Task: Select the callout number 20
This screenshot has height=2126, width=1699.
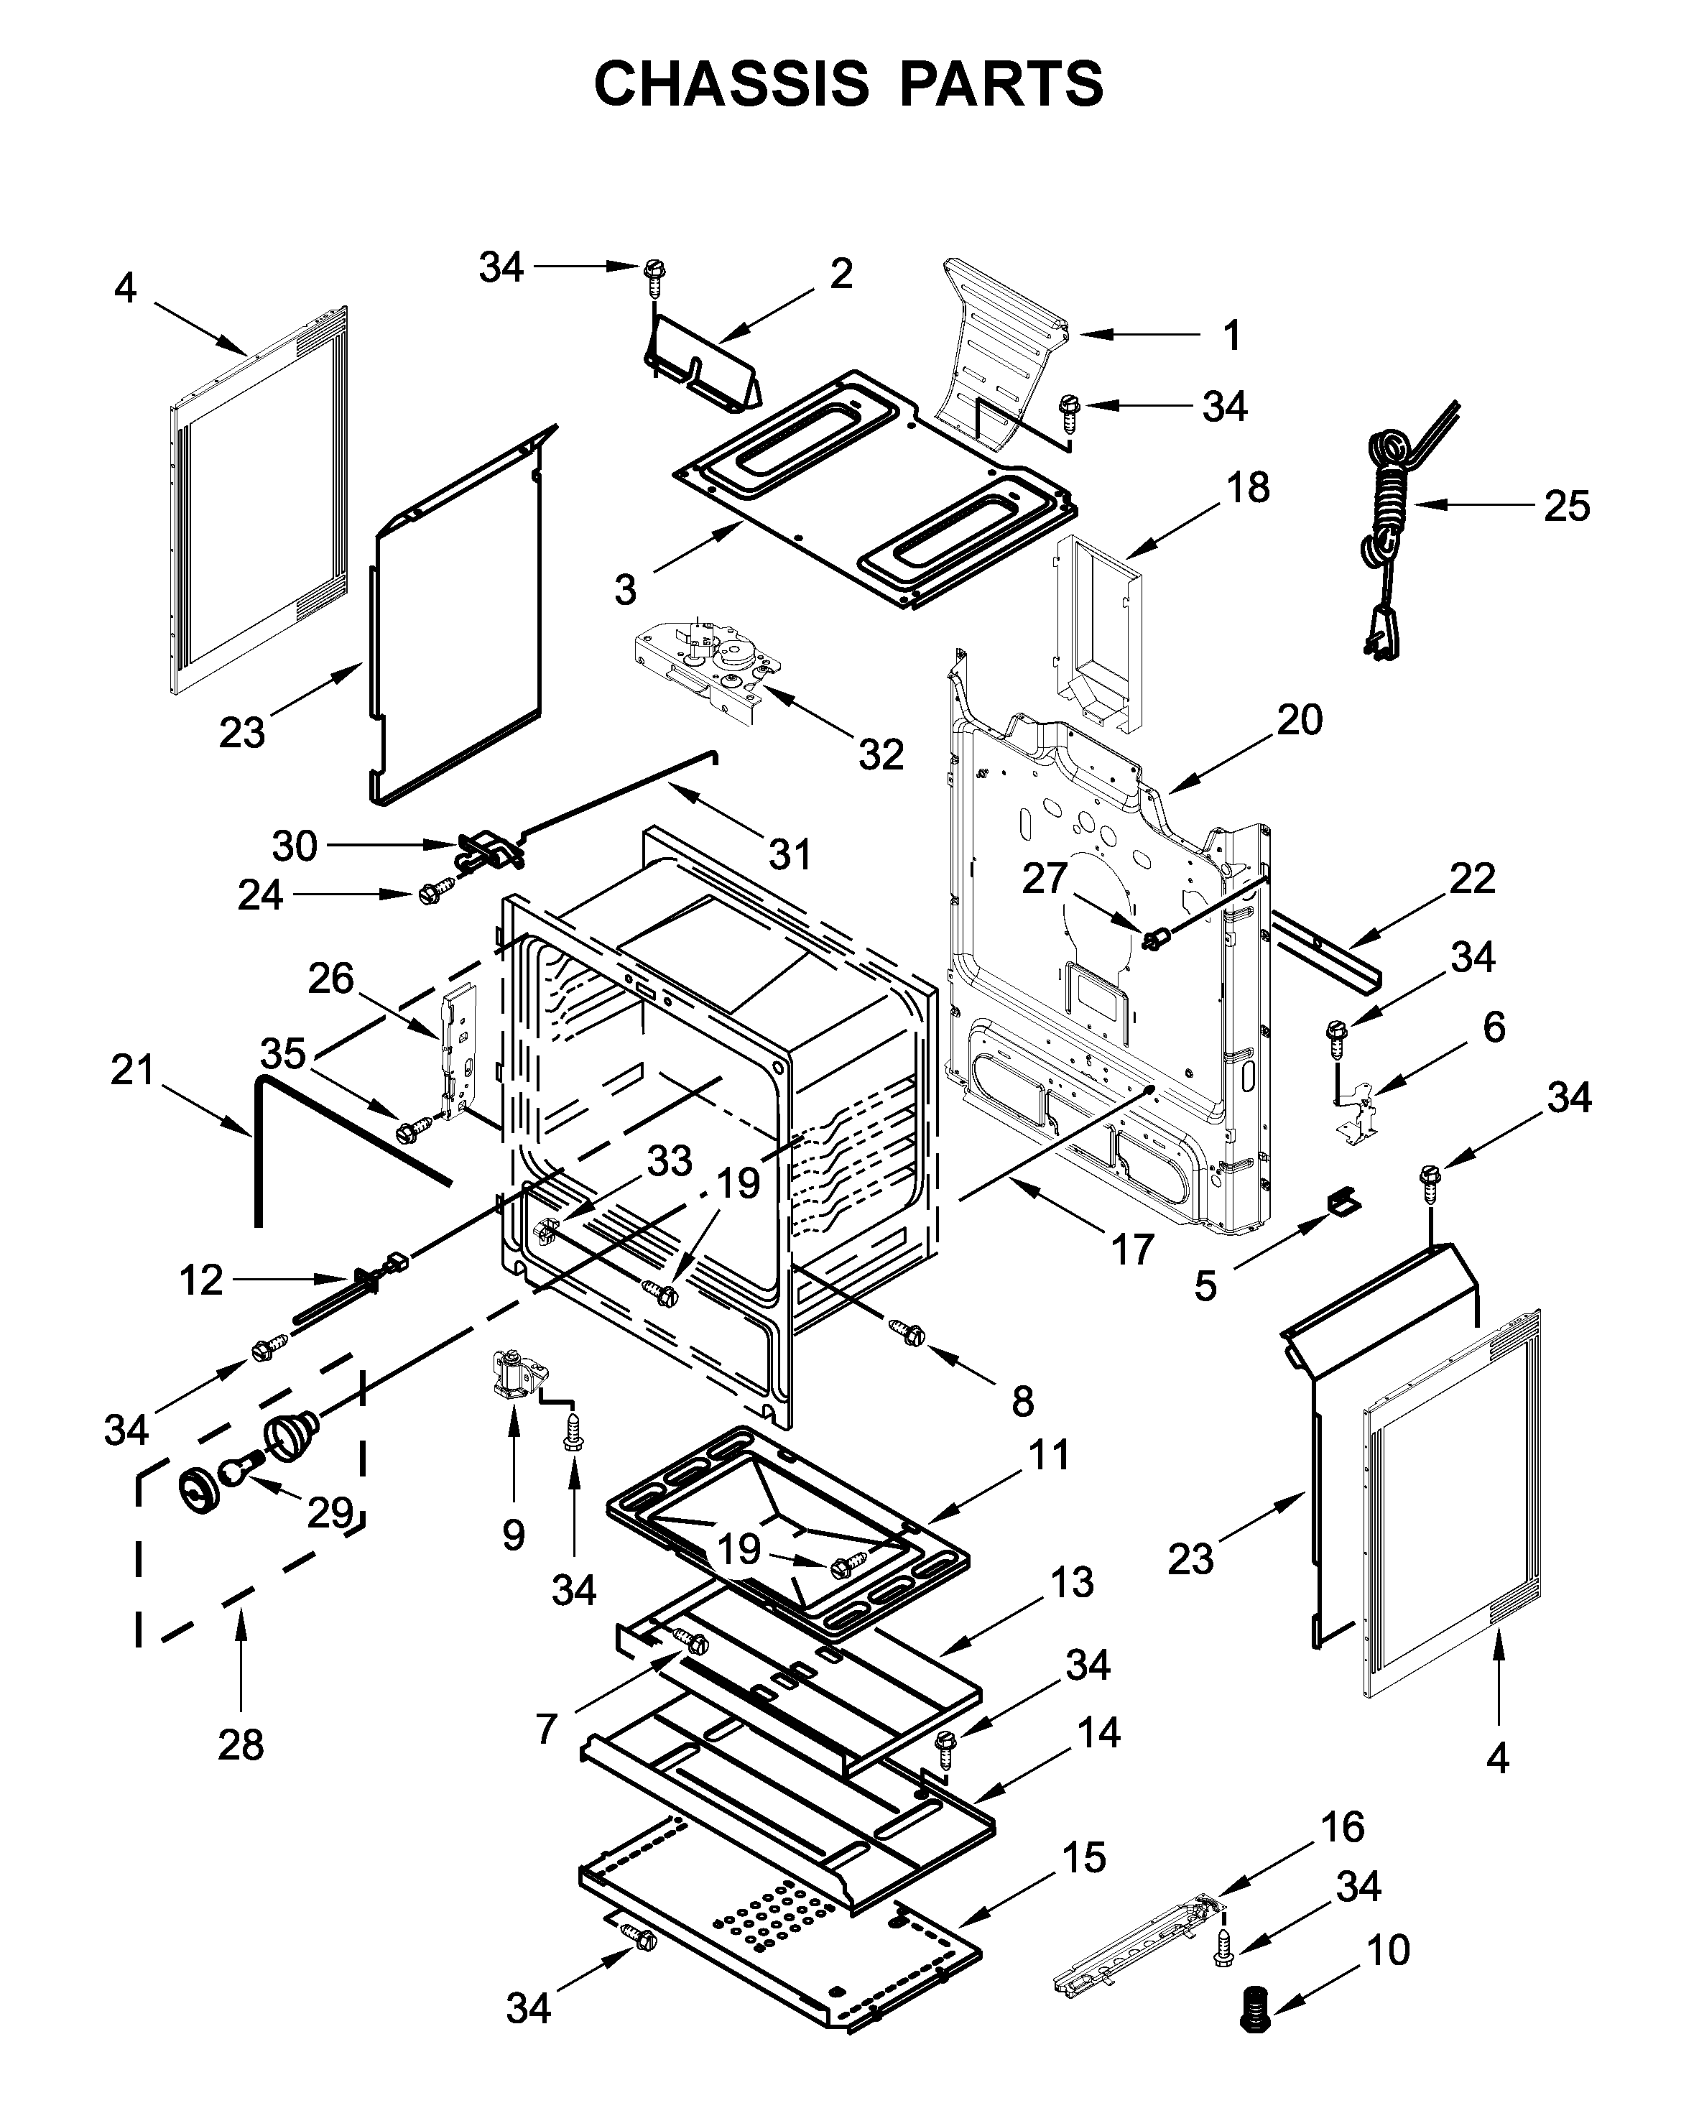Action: click(x=1300, y=721)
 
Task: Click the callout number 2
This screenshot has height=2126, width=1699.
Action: click(x=840, y=273)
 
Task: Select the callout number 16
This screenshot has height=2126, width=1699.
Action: click(x=1343, y=1827)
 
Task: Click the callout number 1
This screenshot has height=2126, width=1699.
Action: click(x=1231, y=336)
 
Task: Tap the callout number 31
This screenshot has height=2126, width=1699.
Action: click(x=790, y=854)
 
